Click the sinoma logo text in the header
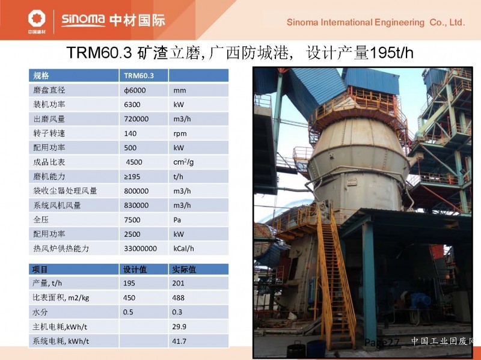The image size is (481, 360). click(83, 20)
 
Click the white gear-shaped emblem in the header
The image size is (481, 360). click(37, 18)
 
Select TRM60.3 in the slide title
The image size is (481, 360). click(99, 52)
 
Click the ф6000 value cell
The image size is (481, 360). click(135, 91)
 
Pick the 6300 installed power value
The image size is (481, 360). click(132, 105)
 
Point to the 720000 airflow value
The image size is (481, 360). click(136, 119)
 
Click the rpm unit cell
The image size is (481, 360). click(180, 133)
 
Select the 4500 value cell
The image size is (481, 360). click(134, 162)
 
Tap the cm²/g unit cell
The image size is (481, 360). click(183, 162)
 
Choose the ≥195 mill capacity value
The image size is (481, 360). click(132, 177)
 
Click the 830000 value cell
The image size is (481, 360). click(136, 206)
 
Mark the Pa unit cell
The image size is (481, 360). click(177, 220)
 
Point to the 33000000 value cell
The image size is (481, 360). click(140, 249)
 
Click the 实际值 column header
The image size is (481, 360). click(184, 269)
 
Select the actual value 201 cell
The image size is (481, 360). click(178, 283)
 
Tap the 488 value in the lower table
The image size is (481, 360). click(178, 297)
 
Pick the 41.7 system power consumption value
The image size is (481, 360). click(179, 341)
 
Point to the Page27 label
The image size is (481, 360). click(382, 343)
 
